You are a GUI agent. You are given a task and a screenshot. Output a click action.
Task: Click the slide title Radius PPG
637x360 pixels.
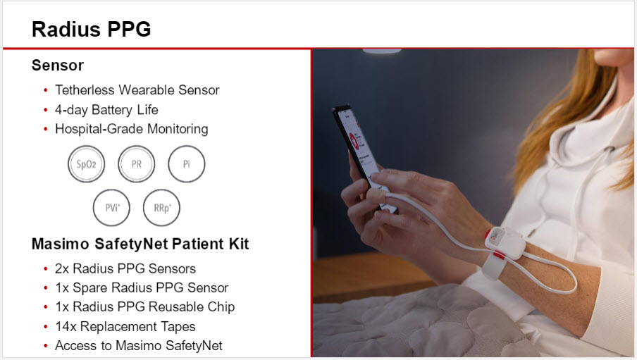coord(92,30)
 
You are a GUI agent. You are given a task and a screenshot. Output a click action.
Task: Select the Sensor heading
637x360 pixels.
coord(58,66)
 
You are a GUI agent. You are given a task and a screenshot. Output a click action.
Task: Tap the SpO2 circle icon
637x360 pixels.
coord(86,164)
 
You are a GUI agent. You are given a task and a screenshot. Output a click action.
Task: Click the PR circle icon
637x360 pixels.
coord(137,164)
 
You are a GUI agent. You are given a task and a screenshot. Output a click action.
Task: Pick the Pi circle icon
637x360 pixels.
coord(187,164)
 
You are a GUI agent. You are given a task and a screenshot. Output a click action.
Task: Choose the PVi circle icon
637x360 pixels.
coord(112,208)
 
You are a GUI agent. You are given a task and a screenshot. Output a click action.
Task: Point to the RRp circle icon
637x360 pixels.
coord(161,208)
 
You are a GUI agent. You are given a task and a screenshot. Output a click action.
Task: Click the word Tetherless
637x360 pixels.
coord(85,89)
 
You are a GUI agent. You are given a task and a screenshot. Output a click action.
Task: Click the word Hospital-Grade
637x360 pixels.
coord(99,129)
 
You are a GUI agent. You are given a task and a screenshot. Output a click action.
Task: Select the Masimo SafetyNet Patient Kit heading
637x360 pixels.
coord(140,244)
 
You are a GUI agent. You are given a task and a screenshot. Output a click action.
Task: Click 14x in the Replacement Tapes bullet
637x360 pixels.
coord(66,326)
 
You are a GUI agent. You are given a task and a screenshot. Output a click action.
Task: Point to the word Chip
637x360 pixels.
coord(221,306)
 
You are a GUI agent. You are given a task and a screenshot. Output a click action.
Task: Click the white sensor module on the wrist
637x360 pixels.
coord(505,242)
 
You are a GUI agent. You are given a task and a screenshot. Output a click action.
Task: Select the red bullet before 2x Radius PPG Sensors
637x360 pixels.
coord(46,268)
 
